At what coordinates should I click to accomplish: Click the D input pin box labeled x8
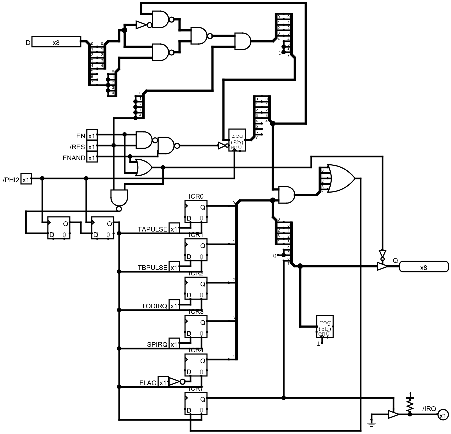coord(56,42)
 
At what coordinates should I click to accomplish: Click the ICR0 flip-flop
coord(196,211)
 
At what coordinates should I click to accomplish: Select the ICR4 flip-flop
coord(196,365)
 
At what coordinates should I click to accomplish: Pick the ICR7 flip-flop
coord(196,403)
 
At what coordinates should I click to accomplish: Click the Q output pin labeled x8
coord(424,267)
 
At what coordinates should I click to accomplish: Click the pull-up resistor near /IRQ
coord(410,404)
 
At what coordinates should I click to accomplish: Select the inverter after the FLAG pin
coord(174,382)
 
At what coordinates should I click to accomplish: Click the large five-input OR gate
coord(342,179)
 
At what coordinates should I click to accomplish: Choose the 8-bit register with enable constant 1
coord(325,326)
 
